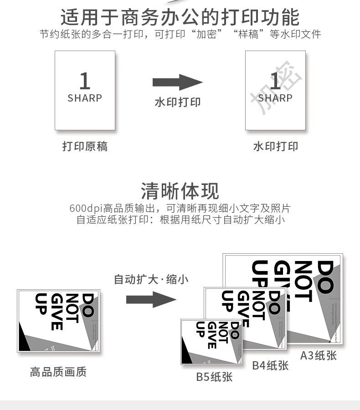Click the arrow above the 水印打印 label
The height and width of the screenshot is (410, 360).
point(177,82)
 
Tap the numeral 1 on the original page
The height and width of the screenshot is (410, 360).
point(85,81)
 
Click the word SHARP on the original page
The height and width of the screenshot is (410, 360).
point(85,98)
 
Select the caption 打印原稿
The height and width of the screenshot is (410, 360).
point(85,146)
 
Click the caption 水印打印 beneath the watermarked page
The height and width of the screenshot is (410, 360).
point(275,146)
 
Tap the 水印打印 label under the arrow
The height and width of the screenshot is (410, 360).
point(177,102)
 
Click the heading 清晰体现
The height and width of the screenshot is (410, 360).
point(180,191)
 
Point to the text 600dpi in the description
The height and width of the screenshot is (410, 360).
point(86,209)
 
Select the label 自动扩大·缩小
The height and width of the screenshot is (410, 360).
point(150,279)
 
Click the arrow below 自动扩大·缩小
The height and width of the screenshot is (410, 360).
point(150,299)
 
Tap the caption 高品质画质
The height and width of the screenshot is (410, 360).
point(58,372)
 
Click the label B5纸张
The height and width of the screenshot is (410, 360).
point(214,377)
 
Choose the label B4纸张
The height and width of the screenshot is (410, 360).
point(270,365)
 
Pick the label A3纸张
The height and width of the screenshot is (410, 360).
point(318,355)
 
